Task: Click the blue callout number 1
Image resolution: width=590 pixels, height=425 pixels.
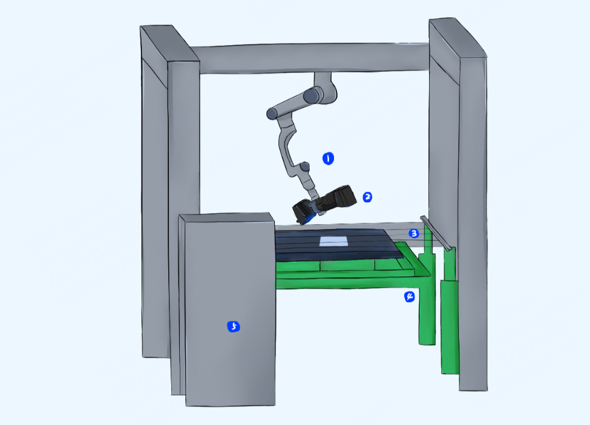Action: click(x=328, y=158)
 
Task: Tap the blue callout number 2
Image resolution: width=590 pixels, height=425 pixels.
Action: click(x=368, y=197)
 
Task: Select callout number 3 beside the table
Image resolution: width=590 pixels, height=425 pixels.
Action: click(x=413, y=233)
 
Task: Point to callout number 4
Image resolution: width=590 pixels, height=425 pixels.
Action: click(x=410, y=297)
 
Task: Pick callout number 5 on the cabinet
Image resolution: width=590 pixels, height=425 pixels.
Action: click(x=233, y=326)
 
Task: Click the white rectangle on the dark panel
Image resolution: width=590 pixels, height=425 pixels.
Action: click(x=333, y=241)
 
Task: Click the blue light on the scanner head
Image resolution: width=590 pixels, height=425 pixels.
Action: click(x=310, y=219)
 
